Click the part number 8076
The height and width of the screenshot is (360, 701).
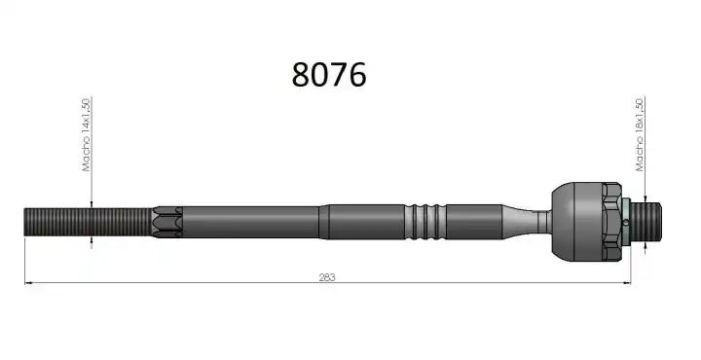(x=329, y=75)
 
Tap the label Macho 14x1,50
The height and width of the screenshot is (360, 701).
(x=87, y=134)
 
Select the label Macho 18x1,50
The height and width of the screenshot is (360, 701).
(x=640, y=134)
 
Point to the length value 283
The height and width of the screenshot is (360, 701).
(x=327, y=277)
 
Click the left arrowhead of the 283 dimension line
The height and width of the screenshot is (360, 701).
(x=28, y=283)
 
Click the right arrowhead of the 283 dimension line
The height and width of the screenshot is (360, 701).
(x=627, y=283)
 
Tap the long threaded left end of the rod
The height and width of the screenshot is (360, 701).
(x=89, y=223)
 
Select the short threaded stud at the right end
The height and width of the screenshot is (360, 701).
(x=646, y=221)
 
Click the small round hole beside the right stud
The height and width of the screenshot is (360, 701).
(x=626, y=223)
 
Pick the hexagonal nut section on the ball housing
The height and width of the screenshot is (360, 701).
(x=611, y=222)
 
